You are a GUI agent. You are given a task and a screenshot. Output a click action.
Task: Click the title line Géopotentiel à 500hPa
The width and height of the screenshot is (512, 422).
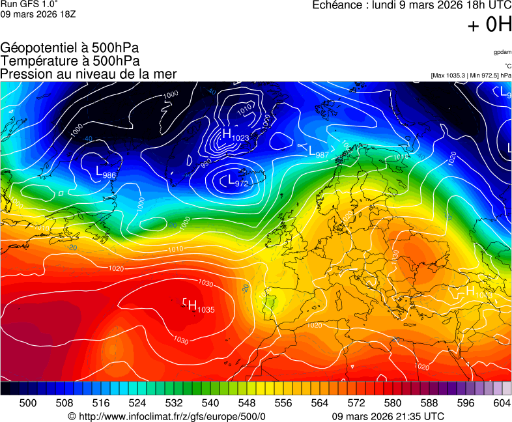pyautogui.click(x=70, y=48)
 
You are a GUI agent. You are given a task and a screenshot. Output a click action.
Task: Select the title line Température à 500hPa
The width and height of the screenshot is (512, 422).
pyautogui.click(x=70, y=61)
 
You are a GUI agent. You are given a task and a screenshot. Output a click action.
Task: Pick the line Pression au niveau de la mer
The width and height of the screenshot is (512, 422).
pyautogui.click(x=88, y=74)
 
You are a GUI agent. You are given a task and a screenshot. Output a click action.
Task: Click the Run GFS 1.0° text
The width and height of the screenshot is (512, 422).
pyautogui.click(x=30, y=4)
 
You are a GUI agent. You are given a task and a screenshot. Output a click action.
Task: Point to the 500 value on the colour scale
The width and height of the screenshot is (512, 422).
pyautogui.click(x=28, y=403)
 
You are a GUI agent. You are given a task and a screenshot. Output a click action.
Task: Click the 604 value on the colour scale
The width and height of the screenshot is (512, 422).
pyautogui.click(x=502, y=403)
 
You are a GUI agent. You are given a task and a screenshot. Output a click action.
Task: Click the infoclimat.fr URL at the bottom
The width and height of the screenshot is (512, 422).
pyautogui.click(x=167, y=416)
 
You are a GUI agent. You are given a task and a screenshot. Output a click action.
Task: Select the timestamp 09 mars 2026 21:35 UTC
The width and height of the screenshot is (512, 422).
pyautogui.click(x=388, y=416)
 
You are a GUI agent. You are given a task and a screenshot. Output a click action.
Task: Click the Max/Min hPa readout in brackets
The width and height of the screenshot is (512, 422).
pyautogui.click(x=471, y=76)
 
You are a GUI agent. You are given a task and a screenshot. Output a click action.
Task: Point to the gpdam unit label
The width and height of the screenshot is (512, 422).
pyautogui.click(x=502, y=51)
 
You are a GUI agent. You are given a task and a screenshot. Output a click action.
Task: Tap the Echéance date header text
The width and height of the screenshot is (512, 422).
pyautogui.click(x=407, y=5)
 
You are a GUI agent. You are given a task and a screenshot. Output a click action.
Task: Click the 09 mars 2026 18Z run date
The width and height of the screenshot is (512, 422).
pyautogui.click(x=38, y=14)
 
